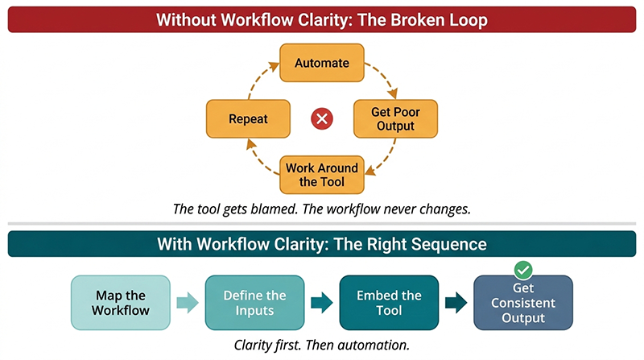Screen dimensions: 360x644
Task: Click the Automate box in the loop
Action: [321, 63]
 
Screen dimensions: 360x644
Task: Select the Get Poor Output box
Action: [394, 118]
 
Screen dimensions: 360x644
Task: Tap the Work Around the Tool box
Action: [321, 175]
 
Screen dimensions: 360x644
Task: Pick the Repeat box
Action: [247, 118]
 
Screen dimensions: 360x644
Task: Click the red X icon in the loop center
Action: [321, 119]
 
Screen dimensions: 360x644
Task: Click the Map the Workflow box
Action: [120, 303]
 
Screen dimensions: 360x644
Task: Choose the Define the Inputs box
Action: [254, 303]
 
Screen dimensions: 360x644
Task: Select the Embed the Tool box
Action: [389, 303]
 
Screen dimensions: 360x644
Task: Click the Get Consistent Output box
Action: [523, 303]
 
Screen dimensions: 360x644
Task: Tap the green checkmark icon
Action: [523, 271]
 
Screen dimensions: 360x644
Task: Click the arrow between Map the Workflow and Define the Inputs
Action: [187, 304]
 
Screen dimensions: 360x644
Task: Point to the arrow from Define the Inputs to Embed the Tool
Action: [321, 304]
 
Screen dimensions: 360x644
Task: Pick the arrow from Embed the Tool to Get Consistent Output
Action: [456, 304]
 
